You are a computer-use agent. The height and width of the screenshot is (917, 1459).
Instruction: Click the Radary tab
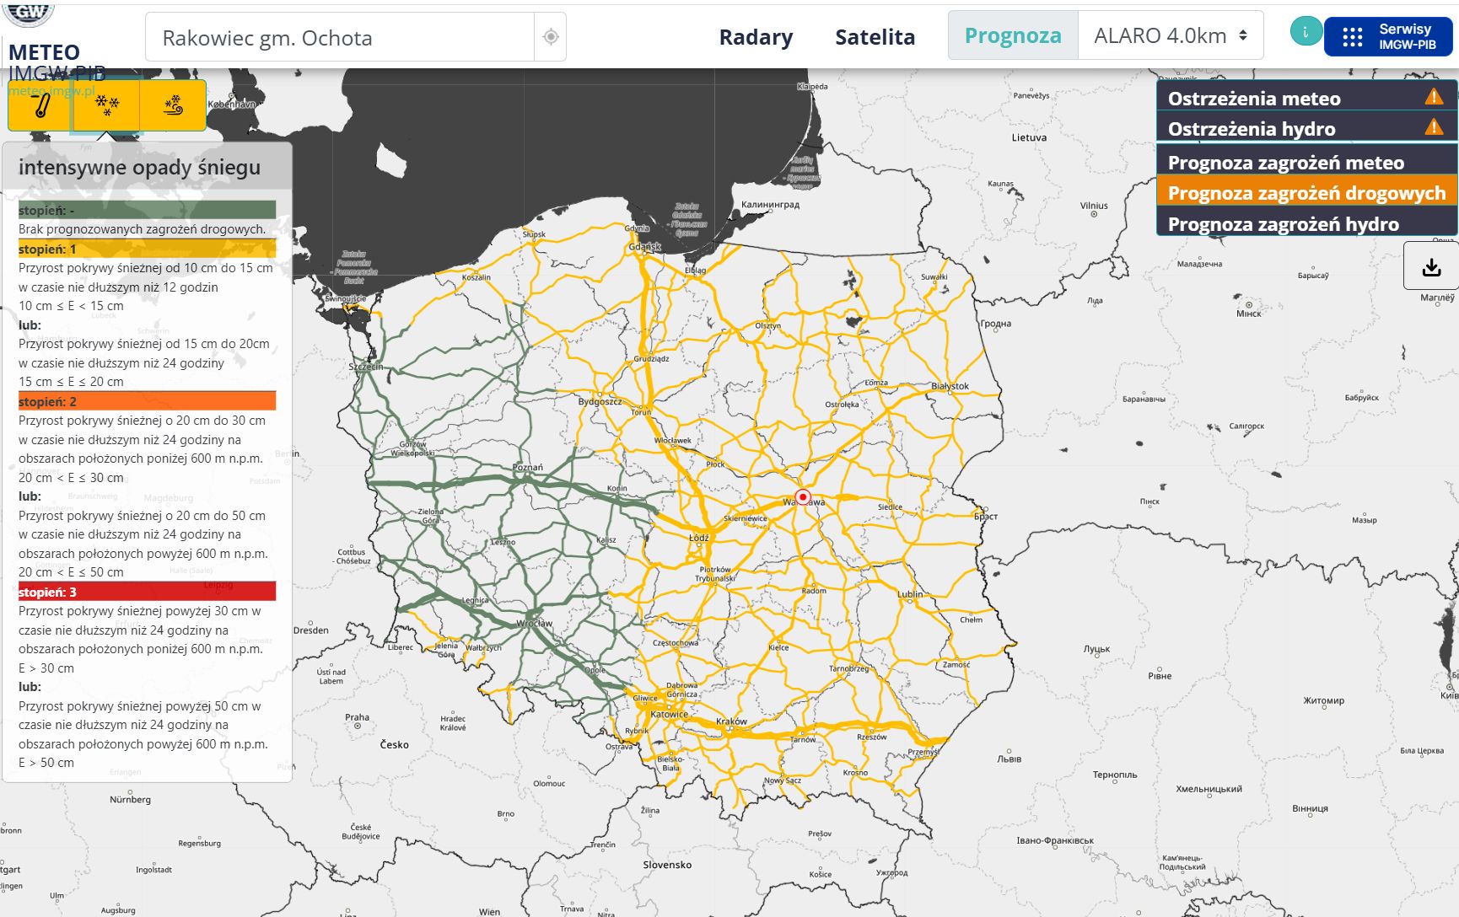click(756, 37)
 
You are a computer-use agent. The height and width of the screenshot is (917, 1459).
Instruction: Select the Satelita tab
click(875, 37)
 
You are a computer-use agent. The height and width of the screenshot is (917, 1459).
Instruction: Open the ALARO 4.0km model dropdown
click(1170, 36)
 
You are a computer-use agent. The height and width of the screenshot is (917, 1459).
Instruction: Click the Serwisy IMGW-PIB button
click(1388, 37)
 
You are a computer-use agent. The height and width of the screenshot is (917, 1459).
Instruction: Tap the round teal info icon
click(1306, 32)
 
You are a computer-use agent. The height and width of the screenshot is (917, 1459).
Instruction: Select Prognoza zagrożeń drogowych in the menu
click(1306, 193)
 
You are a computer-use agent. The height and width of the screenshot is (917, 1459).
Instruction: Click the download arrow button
click(1431, 268)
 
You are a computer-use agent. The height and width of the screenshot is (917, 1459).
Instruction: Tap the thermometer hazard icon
click(40, 105)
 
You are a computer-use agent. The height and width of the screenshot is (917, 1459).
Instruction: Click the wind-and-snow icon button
click(173, 105)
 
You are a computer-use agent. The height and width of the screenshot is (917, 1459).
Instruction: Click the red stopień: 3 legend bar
click(147, 592)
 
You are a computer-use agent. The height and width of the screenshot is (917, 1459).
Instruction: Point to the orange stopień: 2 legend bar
click(147, 401)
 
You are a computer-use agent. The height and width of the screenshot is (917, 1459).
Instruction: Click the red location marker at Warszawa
click(803, 497)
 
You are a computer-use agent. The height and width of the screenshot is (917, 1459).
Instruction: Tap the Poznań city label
click(528, 467)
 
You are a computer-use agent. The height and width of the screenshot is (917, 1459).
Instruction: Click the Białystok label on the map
click(950, 386)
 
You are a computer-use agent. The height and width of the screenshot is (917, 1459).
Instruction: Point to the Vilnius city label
click(1094, 205)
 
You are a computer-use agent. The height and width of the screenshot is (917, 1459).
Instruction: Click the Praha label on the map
click(357, 717)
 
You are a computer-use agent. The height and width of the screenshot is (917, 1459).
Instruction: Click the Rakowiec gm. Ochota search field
click(339, 38)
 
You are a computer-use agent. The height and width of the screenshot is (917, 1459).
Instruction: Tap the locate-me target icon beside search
click(550, 37)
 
